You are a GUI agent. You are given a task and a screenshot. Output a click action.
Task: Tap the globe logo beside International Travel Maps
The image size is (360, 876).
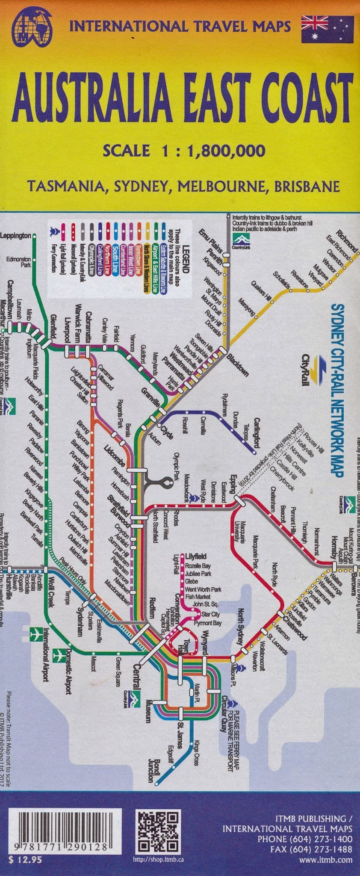31,27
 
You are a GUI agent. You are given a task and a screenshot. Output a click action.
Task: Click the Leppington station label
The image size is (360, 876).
16,236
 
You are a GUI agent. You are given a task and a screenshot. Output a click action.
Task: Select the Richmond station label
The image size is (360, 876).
346,242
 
